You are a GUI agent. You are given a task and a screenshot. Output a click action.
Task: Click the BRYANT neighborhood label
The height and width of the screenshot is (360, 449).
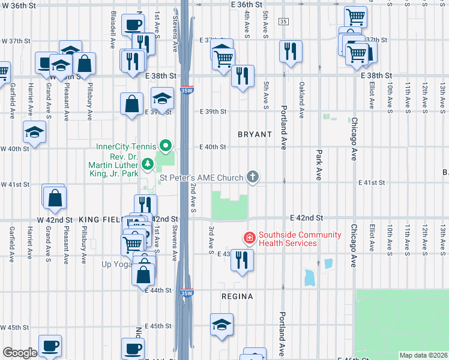(x=255, y=134)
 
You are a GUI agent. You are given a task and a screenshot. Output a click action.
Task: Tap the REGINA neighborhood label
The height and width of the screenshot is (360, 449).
(x=237, y=296)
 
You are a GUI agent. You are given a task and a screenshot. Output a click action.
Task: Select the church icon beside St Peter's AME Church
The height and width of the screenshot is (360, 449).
(x=253, y=176)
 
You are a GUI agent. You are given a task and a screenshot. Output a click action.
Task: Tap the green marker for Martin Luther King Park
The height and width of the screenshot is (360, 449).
(x=148, y=164)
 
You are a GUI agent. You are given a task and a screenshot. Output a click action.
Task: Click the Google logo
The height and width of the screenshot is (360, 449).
(x=20, y=353)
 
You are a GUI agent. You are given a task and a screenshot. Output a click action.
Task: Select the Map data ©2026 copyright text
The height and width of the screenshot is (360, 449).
(x=423, y=355)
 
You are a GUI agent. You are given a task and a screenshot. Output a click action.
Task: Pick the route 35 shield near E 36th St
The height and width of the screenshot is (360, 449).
(x=283, y=22)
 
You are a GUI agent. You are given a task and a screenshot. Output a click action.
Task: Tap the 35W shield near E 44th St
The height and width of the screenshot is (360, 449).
(x=187, y=293)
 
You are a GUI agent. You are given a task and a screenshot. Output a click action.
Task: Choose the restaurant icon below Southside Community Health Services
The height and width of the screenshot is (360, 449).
(x=242, y=260)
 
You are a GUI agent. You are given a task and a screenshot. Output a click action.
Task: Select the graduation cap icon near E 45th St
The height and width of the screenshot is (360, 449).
(x=221, y=325)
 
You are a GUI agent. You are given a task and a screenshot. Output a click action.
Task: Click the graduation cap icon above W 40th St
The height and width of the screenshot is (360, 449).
(x=34, y=132)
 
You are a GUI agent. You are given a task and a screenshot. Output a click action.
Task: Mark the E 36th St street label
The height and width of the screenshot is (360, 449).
(x=247, y=4)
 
